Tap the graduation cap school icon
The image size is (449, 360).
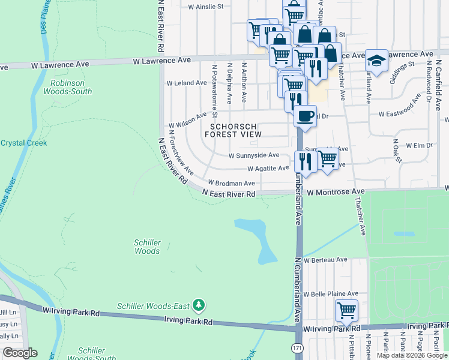point(376,61)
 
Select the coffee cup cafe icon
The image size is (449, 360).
point(305,115)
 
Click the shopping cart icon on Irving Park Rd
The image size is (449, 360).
point(346,310)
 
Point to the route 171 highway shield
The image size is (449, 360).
point(298,349)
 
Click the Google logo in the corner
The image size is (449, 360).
point(20,353)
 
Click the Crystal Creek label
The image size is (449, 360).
point(23,143)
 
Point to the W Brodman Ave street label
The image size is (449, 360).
point(232,182)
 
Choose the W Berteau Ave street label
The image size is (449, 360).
point(325,260)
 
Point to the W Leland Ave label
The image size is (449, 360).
point(187,83)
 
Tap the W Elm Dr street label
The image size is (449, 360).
point(420,145)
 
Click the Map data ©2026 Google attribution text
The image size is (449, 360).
point(412,355)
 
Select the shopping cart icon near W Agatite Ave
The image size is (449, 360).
point(327,159)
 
